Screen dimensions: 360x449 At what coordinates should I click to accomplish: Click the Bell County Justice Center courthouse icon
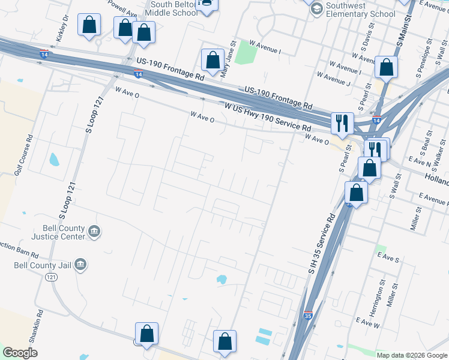(94, 232)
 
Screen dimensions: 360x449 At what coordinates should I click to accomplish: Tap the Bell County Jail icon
(80, 265)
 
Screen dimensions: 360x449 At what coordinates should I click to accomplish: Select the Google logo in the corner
(20, 352)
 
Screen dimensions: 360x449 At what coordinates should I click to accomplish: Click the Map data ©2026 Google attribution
(411, 355)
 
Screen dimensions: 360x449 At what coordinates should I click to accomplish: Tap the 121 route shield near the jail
(52, 277)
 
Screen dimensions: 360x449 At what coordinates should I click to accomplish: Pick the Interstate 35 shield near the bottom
(307, 314)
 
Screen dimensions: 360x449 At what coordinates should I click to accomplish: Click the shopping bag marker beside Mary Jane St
(212, 60)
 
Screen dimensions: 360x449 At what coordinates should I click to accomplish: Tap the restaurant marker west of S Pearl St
(342, 122)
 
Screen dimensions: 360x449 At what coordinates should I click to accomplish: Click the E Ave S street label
(388, 257)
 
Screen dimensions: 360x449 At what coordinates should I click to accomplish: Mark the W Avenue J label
(333, 79)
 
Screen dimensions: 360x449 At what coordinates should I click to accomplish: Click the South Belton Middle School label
(173, 8)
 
